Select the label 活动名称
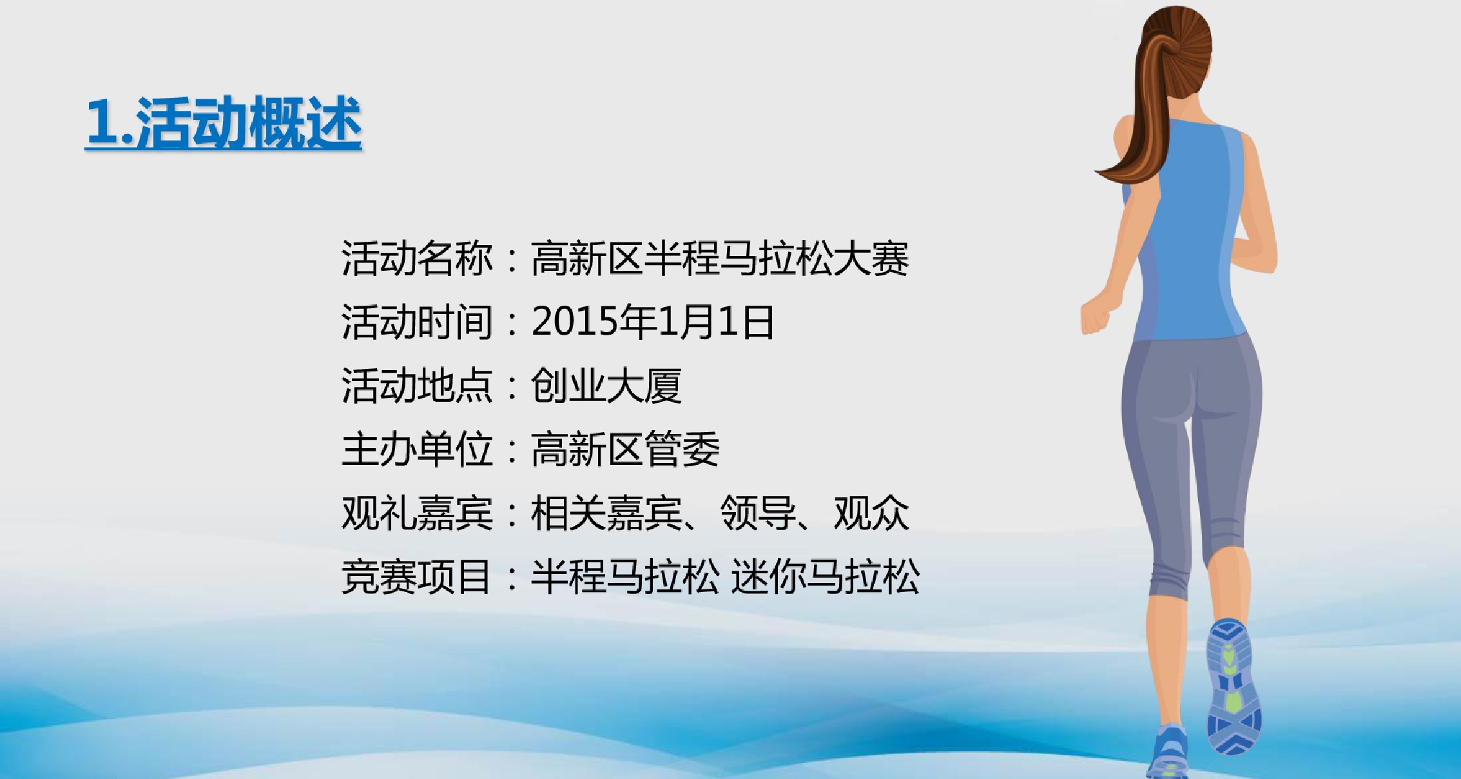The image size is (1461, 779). [x=417, y=259]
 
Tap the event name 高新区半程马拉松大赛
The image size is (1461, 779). [x=720, y=259]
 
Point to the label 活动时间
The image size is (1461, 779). [x=417, y=322]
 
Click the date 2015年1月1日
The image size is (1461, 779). [x=653, y=322]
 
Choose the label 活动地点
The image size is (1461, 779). [x=417, y=386]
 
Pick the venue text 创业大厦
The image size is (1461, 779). [x=606, y=386]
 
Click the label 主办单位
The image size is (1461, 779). [x=417, y=449]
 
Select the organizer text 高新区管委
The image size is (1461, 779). [x=625, y=449]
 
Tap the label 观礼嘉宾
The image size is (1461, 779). [x=417, y=513]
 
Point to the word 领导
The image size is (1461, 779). [x=758, y=513]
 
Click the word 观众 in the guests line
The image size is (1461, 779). [x=871, y=513]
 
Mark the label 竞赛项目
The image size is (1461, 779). [x=417, y=576]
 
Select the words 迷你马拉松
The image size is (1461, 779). [x=826, y=576]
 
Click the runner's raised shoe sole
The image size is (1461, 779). [x=1234, y=687]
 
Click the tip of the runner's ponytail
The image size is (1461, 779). [x=1098, y=170]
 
